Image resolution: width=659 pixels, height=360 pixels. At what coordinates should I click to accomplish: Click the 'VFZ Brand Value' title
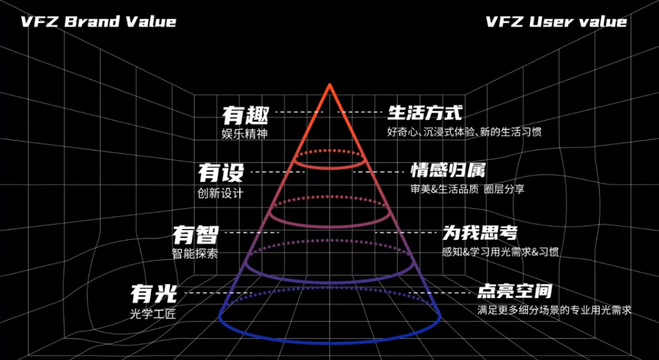click(98, 22)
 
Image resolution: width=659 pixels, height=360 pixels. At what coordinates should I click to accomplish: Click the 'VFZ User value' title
click(556, 22)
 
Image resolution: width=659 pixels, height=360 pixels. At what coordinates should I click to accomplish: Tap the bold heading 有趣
click(246, 115)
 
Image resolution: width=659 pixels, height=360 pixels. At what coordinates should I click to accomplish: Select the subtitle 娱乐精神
click(245, 134)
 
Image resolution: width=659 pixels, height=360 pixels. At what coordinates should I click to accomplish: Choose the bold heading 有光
click(153, 295)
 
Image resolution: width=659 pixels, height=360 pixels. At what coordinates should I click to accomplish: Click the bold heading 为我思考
click(480, 232)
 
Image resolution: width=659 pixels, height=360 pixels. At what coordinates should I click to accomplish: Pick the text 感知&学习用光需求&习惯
click(500, 252)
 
